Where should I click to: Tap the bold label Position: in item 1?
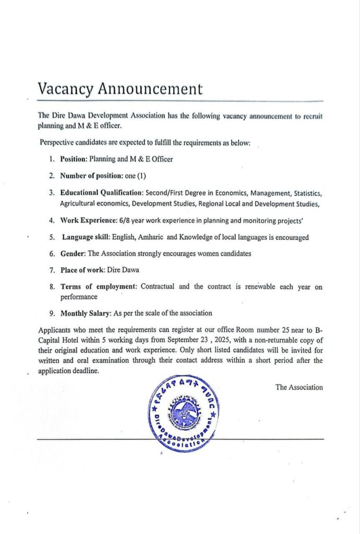(x=75, y=159)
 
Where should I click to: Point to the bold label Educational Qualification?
(x=102, y=193)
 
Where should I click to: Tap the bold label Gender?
(x=73, y=254)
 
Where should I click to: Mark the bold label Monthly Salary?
(x=87, y=313)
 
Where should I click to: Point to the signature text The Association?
(x=299, y=387)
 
